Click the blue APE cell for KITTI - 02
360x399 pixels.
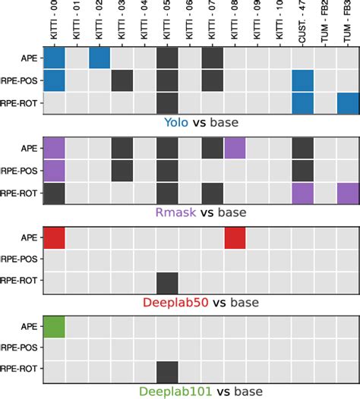point(99,58)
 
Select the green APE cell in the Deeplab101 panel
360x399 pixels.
point(54,327)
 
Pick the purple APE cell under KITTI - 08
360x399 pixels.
point(235,148)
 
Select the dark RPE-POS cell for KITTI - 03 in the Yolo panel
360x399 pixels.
point(122,80)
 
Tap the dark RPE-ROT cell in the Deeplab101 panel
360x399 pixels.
point(167,372)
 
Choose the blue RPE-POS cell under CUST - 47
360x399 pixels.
point(302,80)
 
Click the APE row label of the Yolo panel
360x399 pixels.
point(30,58)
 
